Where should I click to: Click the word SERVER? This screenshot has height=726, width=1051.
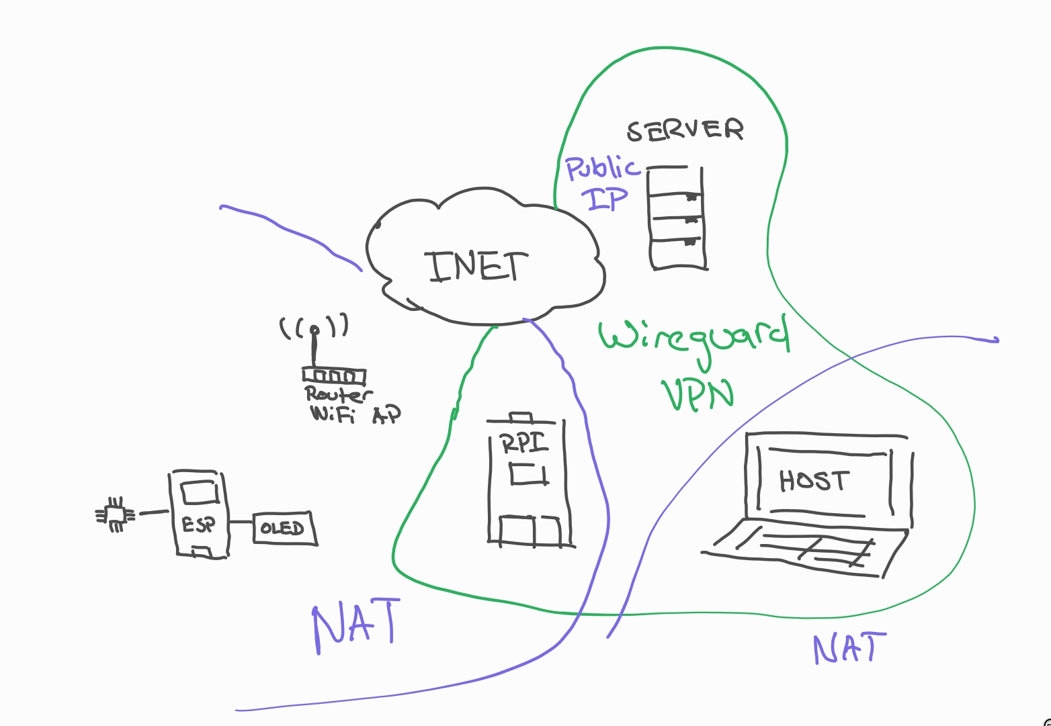click(685, 130)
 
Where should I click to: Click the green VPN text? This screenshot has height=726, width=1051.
click(697, 394)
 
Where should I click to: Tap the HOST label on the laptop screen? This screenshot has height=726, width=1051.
click(814, 481)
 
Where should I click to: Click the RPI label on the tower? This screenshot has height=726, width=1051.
click(524, 444)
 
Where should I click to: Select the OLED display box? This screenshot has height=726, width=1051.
click(284, 528)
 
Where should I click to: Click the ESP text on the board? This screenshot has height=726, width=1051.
click(198, 525)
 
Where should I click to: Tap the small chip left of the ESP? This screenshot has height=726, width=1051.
click(116, 515)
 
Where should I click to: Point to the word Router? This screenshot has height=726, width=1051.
click(338, 394)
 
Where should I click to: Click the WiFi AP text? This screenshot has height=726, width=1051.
click(355, 414)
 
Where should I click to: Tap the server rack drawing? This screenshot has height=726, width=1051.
click(677, 218)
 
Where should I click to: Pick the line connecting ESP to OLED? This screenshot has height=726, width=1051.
click(241, 522)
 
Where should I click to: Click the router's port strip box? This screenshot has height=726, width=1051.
click(333, 376)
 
